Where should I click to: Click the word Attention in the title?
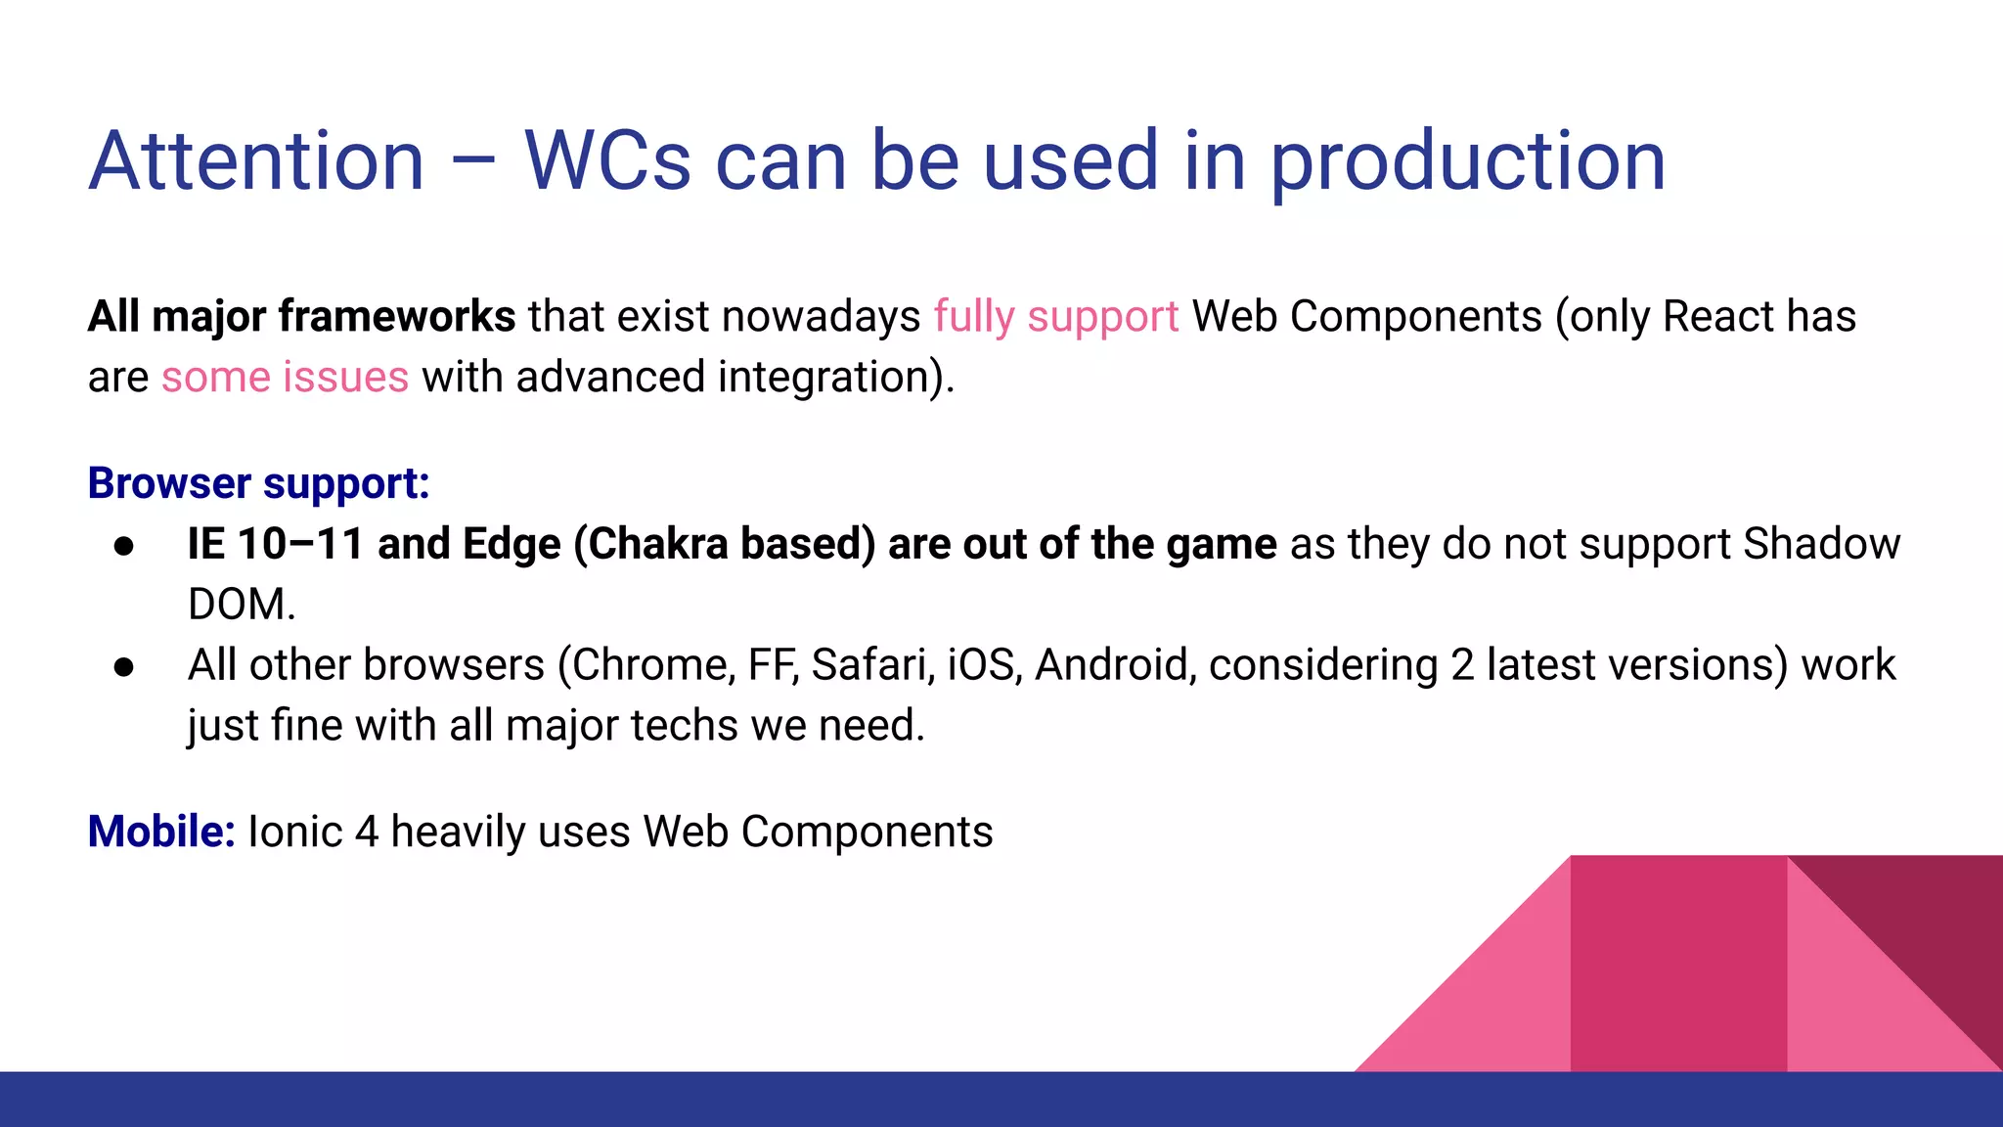(256, 161)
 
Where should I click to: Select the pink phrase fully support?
(1055, 317)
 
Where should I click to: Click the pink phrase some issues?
(285, 378)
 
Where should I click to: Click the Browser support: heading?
(258, 483)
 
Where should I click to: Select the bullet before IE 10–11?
(123, 546)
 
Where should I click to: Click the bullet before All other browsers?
(123, 667)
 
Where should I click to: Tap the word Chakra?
(658, 544)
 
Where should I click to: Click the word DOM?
(240, 605)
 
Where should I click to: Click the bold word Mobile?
(161, 832)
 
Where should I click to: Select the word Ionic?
(294, 832)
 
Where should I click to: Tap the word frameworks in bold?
(396, 317)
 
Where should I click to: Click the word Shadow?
(1821, 544)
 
